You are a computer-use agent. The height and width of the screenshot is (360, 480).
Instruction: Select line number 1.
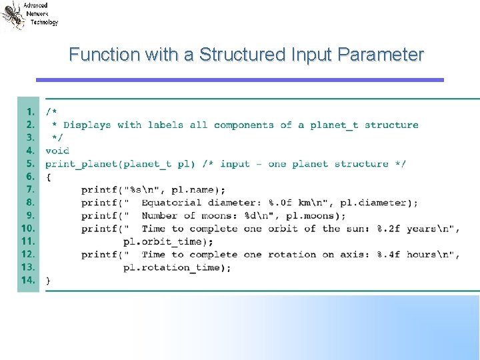30,112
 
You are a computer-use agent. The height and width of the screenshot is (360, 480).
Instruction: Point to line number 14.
28,280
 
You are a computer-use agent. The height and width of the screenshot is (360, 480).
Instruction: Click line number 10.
28,228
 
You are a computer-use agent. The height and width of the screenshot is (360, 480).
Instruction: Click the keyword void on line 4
57,151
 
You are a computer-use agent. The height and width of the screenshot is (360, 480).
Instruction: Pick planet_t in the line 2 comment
334,125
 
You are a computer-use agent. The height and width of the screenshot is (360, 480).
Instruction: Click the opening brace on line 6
48,177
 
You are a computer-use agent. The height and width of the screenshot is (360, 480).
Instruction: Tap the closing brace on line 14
48,281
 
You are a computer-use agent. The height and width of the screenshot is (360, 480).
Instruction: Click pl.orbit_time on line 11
166,241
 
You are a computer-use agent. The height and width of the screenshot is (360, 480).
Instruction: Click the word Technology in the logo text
44,22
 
